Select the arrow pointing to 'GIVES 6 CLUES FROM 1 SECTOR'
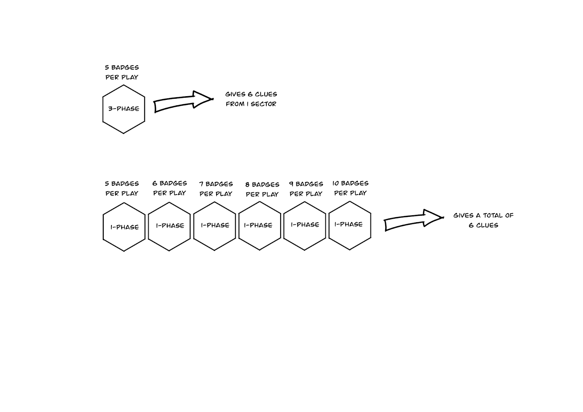(x=182, y=101)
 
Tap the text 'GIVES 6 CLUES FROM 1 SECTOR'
(x=251, y=99)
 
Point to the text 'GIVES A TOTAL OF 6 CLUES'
(x=483, y=220)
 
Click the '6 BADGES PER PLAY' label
(x=169, y=188)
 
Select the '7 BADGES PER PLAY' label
(x=216, y=189)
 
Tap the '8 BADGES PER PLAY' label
(x=262, y=189)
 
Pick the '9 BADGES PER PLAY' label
(x=306, y=189)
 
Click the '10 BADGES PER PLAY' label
(x=350, y=188)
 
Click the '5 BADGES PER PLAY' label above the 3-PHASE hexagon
(x=122, y=72)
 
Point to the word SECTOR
(x=263, y=104)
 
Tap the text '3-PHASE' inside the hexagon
(x=124, y=109)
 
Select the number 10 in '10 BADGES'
(x=335, y=183)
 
